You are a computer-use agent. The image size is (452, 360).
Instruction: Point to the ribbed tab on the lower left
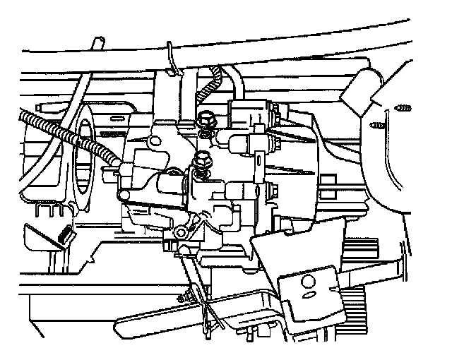pos(66,233)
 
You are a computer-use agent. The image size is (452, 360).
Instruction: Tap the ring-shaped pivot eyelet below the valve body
pos(181,232)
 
